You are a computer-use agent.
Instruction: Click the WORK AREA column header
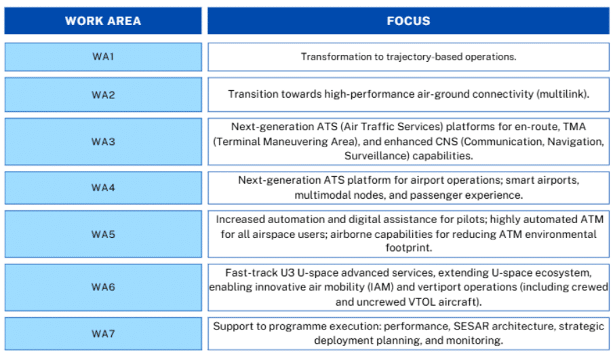point(103,20)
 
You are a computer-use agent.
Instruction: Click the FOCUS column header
point(408,20)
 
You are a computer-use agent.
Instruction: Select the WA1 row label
point(103,57)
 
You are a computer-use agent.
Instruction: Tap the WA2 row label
point(103,95)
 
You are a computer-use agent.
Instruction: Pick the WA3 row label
point(103,142)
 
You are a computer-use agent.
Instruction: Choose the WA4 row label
point(103,188)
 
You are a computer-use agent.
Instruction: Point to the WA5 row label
point(103,234)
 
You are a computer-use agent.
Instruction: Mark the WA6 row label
point(103,287)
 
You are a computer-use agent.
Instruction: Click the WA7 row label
point(103,334)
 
